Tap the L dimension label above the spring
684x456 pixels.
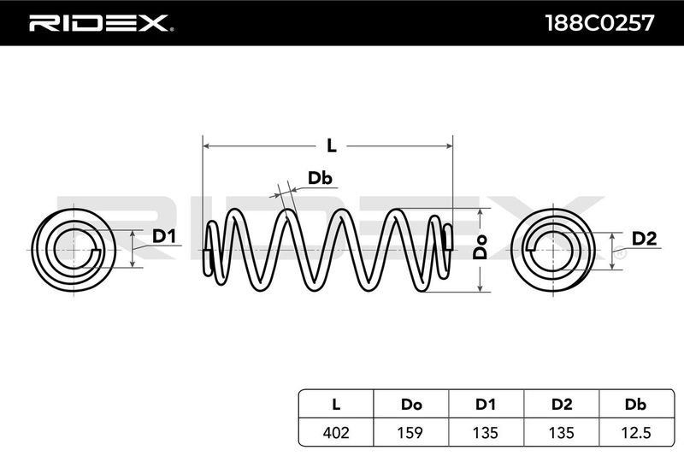[x=331, y=146]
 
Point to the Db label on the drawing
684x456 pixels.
[x=320, y=178]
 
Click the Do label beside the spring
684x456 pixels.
[x=481, y=247]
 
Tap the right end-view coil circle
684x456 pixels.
[x=552, y=248]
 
